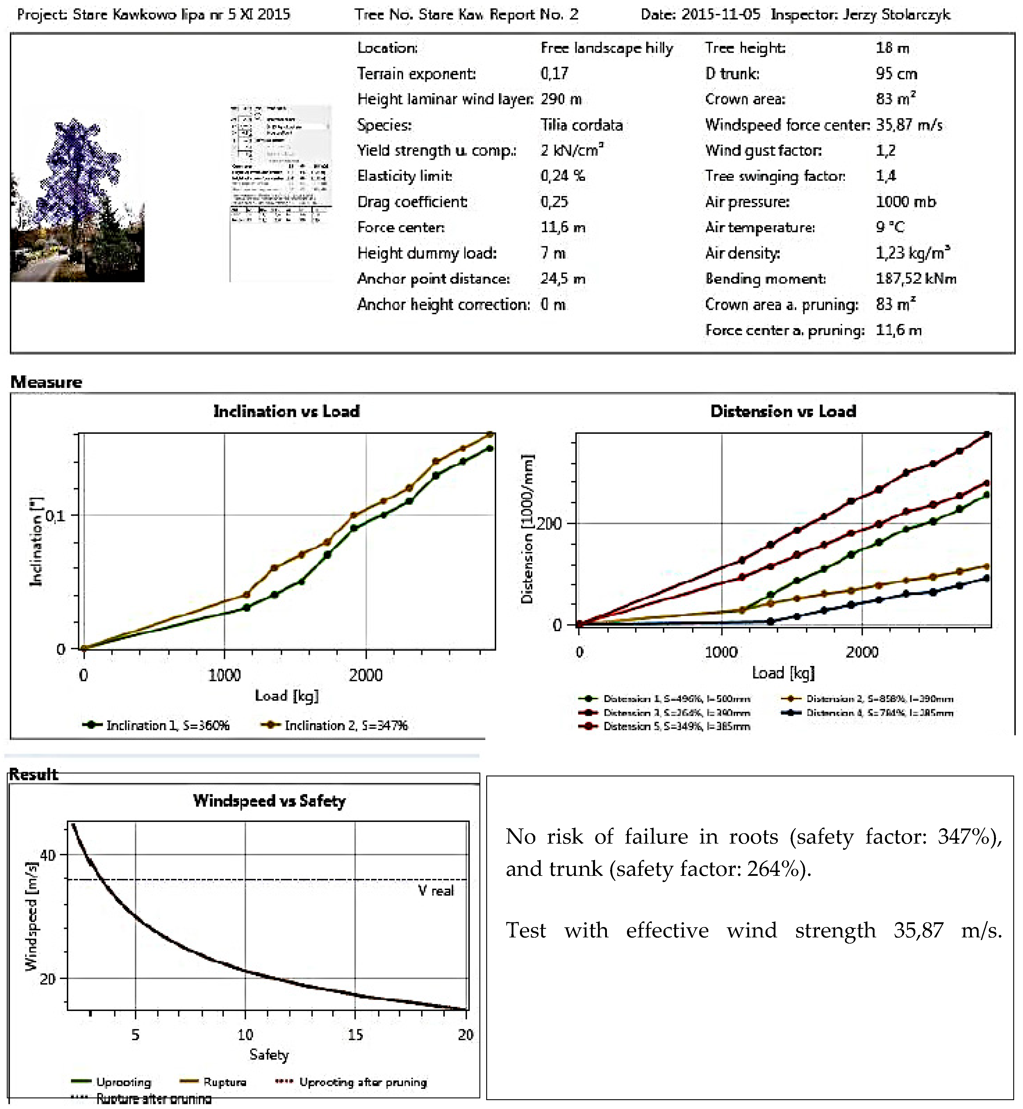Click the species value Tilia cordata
click(581, 125)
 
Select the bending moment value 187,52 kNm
click(916, 279)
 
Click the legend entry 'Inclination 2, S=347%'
click(345, 725)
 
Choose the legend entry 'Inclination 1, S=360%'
click(167, 725)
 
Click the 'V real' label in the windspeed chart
click(436, 891)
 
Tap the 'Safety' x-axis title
click(269, 1055)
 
